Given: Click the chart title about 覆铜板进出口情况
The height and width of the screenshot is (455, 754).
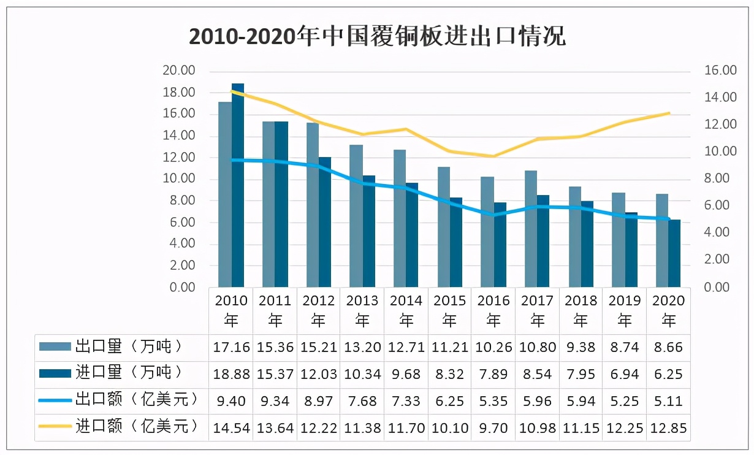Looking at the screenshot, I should point(377,37).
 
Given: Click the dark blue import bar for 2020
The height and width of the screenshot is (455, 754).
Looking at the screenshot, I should point(674,253).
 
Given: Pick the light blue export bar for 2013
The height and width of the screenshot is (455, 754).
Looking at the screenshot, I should point(356,216).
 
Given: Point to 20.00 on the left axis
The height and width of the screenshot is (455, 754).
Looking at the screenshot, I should point(179,71).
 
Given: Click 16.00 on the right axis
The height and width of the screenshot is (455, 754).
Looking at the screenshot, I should point(720,71).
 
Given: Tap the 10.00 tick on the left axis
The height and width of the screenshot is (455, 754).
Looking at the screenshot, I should point(179,179).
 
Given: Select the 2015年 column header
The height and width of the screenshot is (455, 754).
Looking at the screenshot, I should point(450,310).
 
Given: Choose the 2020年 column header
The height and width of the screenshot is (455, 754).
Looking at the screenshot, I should point(668,310).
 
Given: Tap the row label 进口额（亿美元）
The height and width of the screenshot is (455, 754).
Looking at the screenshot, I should point(136,427).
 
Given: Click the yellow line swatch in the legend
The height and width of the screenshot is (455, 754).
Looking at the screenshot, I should point(55,427).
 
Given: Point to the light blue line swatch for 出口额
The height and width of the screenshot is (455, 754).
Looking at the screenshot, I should point(55,400).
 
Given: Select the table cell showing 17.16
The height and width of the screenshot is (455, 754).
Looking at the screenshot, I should point(231,347).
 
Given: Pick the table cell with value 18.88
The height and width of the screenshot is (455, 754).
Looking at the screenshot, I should point(231,374).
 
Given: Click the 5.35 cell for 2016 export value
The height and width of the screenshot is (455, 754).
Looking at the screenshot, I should point(493,400).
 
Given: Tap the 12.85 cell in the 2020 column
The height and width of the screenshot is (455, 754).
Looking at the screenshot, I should point(668,427).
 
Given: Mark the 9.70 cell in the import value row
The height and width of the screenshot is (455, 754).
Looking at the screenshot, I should point(493,427).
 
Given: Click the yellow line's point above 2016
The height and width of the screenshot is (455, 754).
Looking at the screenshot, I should point(494,156).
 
